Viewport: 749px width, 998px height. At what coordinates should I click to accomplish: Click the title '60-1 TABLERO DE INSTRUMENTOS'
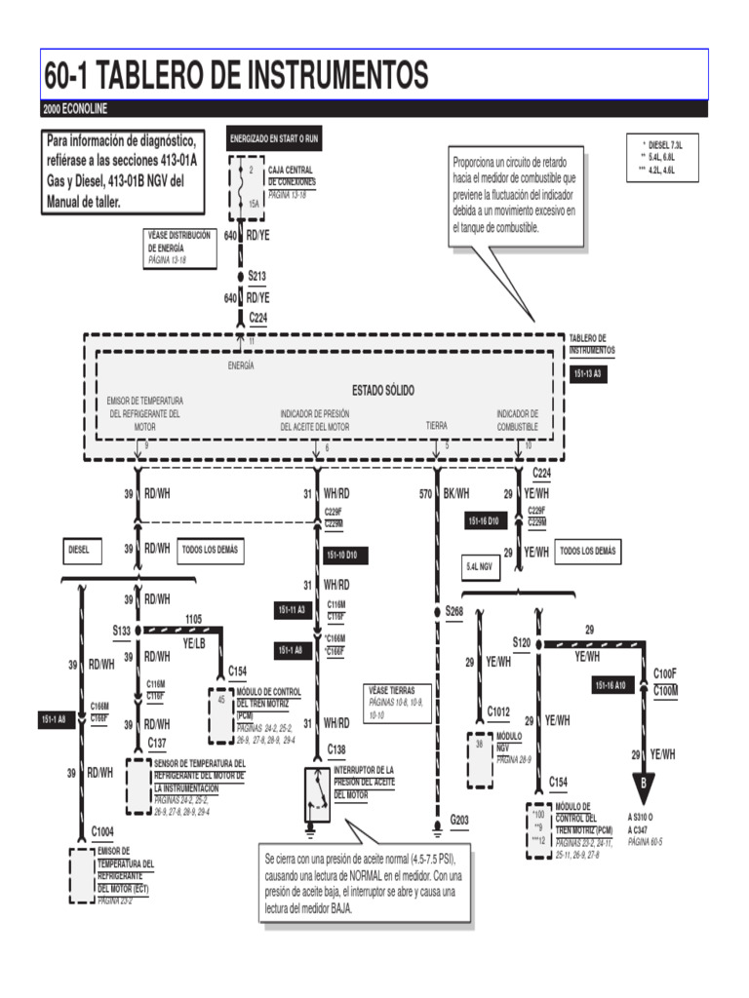(x=236, y=74)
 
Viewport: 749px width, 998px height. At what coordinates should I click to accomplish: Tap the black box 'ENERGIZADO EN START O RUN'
(x=273, y=138)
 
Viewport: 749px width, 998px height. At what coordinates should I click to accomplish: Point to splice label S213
(x=256, y=276)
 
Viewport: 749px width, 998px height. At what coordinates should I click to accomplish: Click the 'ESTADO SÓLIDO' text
(x=382, y=390)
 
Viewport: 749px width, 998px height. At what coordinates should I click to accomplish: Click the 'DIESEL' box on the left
(x=79, y=550)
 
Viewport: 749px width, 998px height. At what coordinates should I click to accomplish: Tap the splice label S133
(x=121, y=631)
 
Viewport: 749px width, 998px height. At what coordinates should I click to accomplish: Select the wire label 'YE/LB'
(x=195, y=643)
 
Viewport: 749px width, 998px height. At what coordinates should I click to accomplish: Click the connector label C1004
(x=102, y=831)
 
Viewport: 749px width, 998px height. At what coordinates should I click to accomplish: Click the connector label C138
(x=335, y=749)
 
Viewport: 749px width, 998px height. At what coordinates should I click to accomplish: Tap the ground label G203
(x=459, y=820)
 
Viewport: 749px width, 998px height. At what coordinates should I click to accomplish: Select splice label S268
(x=453, y=611)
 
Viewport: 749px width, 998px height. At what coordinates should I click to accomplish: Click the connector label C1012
(x=499, y=712)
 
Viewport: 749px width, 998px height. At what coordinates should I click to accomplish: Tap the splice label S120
(x=521, y=643)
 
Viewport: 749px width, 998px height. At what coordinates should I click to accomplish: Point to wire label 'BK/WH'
(x=456, y=494)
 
